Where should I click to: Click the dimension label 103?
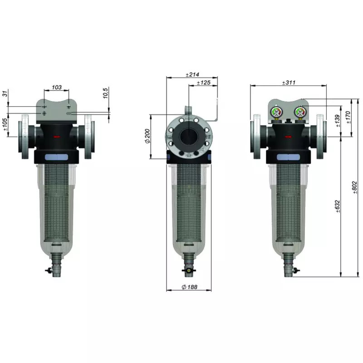pyautogui.click(x=57, y=87)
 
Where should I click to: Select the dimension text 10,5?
pyautogui.click(x=105, y=93)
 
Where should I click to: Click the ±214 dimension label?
pyautogui.click(x=193, y=74)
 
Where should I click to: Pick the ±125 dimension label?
pyautogui.click(x=204, y=83)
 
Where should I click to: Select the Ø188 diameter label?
pyautogui.click(x=189, y=287)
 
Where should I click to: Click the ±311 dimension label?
pyautogui.click(x=289, y=83)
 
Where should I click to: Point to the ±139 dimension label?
pyautogui.click(x=338, y=121)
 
